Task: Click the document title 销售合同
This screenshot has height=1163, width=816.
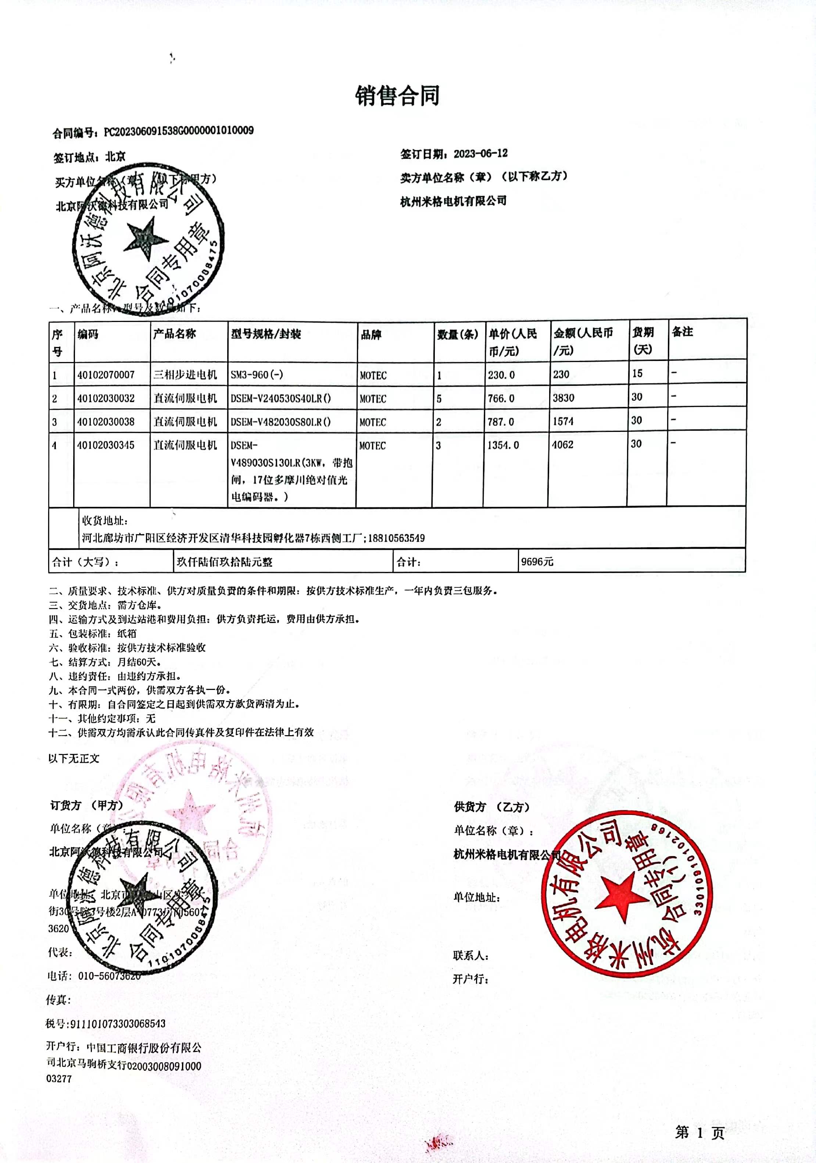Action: [398, 96]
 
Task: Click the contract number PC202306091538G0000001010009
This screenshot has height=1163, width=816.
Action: [178, 131]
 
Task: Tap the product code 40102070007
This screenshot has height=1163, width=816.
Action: [106, 375]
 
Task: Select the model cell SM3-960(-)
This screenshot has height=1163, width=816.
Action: [257, 375]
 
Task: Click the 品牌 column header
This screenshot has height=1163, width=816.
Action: [371, 335]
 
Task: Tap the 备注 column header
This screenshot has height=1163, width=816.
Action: [682, 332]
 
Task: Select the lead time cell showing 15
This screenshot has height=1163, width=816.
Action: [637, 373]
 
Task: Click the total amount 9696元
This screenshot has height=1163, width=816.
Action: [537, 562]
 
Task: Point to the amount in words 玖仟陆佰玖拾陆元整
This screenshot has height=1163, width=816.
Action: [224, 562]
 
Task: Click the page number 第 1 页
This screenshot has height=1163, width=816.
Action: [699, 1132]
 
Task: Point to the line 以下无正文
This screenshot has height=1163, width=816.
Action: [74, 758]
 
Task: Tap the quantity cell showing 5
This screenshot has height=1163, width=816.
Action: [439, 399]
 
